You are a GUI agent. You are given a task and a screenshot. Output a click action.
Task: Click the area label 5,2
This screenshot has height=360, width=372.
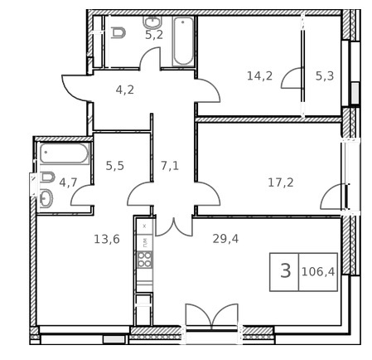154,35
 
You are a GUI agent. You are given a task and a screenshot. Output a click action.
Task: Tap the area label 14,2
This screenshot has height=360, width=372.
259,75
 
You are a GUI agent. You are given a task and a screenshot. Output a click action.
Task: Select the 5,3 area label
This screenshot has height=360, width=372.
325,75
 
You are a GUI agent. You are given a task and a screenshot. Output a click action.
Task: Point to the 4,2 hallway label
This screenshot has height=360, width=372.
125,90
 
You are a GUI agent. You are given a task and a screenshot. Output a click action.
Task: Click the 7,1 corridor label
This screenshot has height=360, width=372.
170,166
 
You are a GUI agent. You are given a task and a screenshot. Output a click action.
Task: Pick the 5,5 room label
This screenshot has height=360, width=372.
115,166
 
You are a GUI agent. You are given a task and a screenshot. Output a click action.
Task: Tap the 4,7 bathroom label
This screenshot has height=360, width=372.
68,182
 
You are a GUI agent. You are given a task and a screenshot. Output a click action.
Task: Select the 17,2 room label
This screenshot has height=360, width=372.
281,182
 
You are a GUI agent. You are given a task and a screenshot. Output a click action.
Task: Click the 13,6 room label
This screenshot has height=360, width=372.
107,239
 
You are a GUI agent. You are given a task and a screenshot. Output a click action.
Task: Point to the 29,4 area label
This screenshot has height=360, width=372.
225,239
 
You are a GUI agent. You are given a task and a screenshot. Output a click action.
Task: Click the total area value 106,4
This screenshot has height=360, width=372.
318,272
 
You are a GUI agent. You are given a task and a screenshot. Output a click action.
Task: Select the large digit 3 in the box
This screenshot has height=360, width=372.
286,270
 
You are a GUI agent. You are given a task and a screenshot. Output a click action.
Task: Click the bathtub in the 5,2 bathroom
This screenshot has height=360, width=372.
183,41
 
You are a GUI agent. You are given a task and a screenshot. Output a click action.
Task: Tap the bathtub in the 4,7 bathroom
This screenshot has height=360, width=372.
65,153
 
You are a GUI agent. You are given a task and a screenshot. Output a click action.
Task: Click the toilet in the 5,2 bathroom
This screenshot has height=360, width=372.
118,32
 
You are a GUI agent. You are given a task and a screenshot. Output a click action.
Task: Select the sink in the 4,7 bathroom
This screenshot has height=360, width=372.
46,198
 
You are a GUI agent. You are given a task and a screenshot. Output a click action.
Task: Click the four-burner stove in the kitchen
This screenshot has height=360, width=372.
145,260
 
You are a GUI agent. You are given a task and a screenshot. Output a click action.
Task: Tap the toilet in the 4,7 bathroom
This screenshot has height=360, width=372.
47,178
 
